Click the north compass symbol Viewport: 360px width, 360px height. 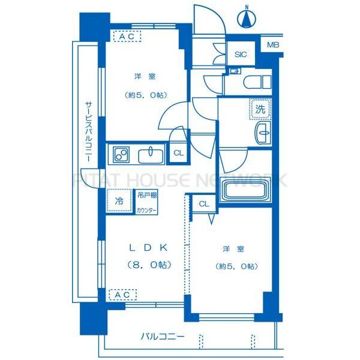click(x=246, y=19)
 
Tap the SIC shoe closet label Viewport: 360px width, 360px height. click(x=241, y=55)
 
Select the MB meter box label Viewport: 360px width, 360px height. click(x=273, y=46)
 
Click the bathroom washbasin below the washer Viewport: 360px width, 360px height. click(x=262, y=133)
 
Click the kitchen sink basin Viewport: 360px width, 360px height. click(x=151, y=155)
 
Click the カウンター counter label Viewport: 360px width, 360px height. click(x=146, y=210)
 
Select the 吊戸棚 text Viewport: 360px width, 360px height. click(x=146, y=196)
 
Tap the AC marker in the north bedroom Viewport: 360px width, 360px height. click(x=127, y=37)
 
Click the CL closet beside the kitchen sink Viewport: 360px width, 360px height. click(x=178, y=153)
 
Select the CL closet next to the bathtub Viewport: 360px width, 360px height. click(x=203, y=204)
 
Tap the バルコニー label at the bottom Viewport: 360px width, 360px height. click(x=163, y=337)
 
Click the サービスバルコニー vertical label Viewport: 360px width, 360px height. click(x=88, y=135)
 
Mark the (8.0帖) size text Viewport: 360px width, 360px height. click(x=148, y=265)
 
